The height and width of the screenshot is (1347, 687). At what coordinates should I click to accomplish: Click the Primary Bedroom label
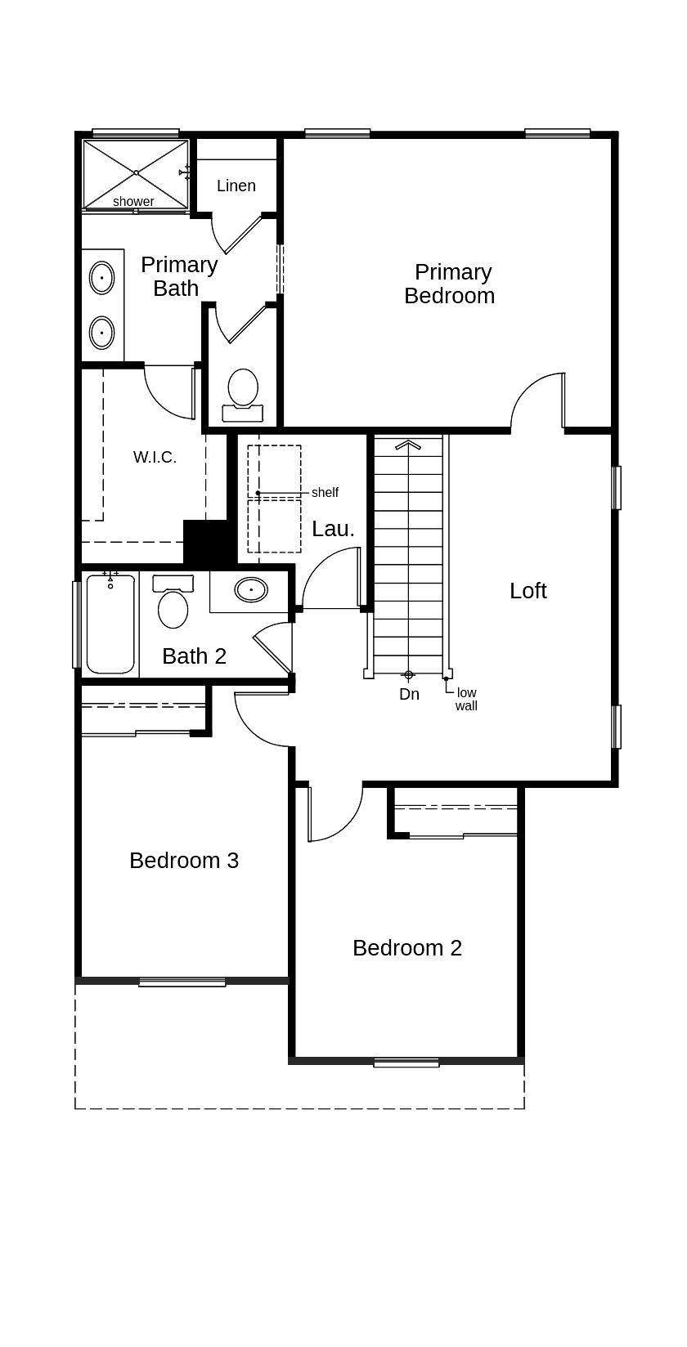tap(450, 284)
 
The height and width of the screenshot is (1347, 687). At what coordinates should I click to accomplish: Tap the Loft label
tap(528, 590)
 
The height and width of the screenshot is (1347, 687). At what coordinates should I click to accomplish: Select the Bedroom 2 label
tap(407, 947)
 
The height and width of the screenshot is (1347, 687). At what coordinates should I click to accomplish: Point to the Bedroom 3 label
tap(184, 861)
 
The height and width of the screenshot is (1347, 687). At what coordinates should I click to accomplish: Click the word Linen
tap(236, 186)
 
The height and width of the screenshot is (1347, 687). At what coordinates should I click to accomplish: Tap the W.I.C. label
tap(155, 457)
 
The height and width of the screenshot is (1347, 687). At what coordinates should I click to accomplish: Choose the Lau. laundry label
tap(333, 529)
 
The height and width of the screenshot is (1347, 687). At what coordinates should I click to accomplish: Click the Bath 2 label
tap(195, 656)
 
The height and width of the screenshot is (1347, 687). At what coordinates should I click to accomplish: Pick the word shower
tap(133, 201)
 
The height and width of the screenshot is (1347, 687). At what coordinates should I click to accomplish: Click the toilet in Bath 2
tap(173, 602)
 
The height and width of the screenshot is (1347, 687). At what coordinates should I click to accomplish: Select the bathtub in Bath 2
tap(110, 624)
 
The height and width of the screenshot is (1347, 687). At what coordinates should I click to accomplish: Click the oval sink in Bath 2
tap(251, 590)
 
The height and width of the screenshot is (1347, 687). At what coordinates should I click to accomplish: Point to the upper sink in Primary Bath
tap(101, 279)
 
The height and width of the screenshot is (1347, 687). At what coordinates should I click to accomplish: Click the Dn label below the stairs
tap(409, 694)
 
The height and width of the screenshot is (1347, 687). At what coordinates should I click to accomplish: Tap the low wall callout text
tap(466, 700)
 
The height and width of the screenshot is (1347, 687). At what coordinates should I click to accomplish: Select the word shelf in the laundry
tap(325, 493)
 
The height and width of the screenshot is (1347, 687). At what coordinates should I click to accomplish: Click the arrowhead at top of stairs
tap(408, 445)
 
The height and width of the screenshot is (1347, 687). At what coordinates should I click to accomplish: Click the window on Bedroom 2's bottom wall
tap(406, 1063)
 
